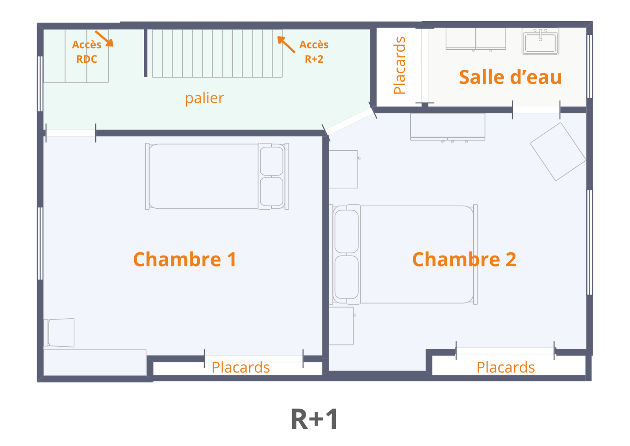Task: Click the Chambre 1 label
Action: tap(185, 259)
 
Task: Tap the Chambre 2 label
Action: tap(464, 259)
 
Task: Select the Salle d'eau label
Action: tap(510, 77)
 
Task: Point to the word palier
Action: tap(204, 98)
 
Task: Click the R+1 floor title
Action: tap(315, 419)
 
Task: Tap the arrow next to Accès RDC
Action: tap(104, 39)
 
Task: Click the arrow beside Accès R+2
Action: tap(286, 45)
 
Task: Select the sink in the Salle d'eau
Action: tap(540, 41)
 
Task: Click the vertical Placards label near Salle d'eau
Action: tap(399, 65)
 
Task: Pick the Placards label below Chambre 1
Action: tap(241, 368)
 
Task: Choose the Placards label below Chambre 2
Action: tap(506, 368)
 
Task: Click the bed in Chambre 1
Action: tap(217, 176)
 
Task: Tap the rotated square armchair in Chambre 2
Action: tap(558, 151)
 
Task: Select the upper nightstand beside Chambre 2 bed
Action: tap(344, 169)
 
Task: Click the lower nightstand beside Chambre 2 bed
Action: tap(341, 326)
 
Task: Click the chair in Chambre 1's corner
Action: tap(59, 333)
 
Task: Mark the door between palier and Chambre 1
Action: tap(71, 133)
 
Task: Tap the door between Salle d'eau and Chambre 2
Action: tap(536, 110)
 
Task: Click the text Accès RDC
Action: tap(87, 52)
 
